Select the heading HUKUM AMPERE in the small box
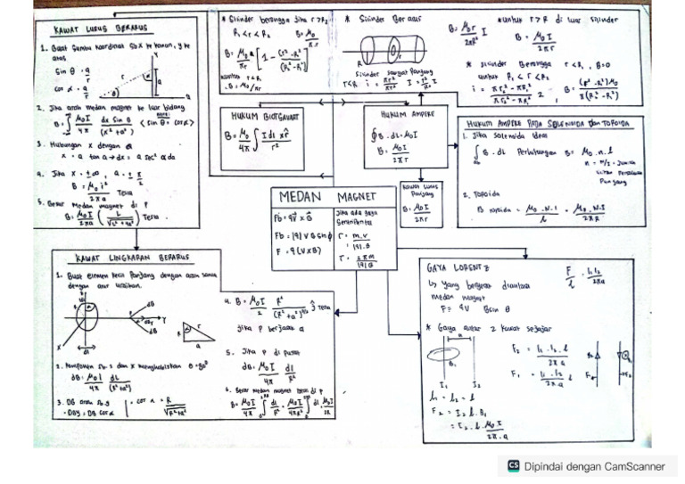399,115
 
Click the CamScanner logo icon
513,465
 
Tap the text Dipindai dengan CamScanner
594,465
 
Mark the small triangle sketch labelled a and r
199,332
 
